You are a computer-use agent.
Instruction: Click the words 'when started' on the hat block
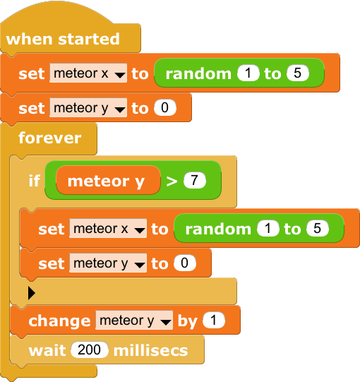click(63, 39)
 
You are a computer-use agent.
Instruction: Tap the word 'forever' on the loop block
click(50, 138)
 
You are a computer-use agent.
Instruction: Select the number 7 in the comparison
click(195, 180)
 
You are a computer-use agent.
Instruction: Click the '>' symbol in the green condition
click(172, 181)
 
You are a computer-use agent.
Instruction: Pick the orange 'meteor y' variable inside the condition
click(108, 181)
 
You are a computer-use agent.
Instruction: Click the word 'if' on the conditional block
click(35, 181)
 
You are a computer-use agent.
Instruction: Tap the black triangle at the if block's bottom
click(32, 292)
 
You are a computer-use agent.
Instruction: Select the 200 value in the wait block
click(90, 350)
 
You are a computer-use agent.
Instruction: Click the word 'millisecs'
click(151, 350)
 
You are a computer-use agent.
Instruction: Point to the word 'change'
click(59, 321)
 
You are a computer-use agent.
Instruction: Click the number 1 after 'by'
click(214, 320)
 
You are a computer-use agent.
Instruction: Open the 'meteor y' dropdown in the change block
click(134, 320)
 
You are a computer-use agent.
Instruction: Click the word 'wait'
click(47, 350)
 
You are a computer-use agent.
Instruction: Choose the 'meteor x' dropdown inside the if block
click(108, 229)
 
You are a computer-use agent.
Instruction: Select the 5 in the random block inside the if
click(318, 229)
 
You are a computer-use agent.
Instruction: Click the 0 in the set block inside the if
click(185, 263)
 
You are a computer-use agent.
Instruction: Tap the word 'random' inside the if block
click(218, 229)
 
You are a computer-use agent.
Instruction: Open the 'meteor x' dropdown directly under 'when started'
click(88, 73)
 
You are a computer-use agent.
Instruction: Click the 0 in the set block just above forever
click(165, 108)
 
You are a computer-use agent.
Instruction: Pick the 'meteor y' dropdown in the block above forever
click(88, 108)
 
